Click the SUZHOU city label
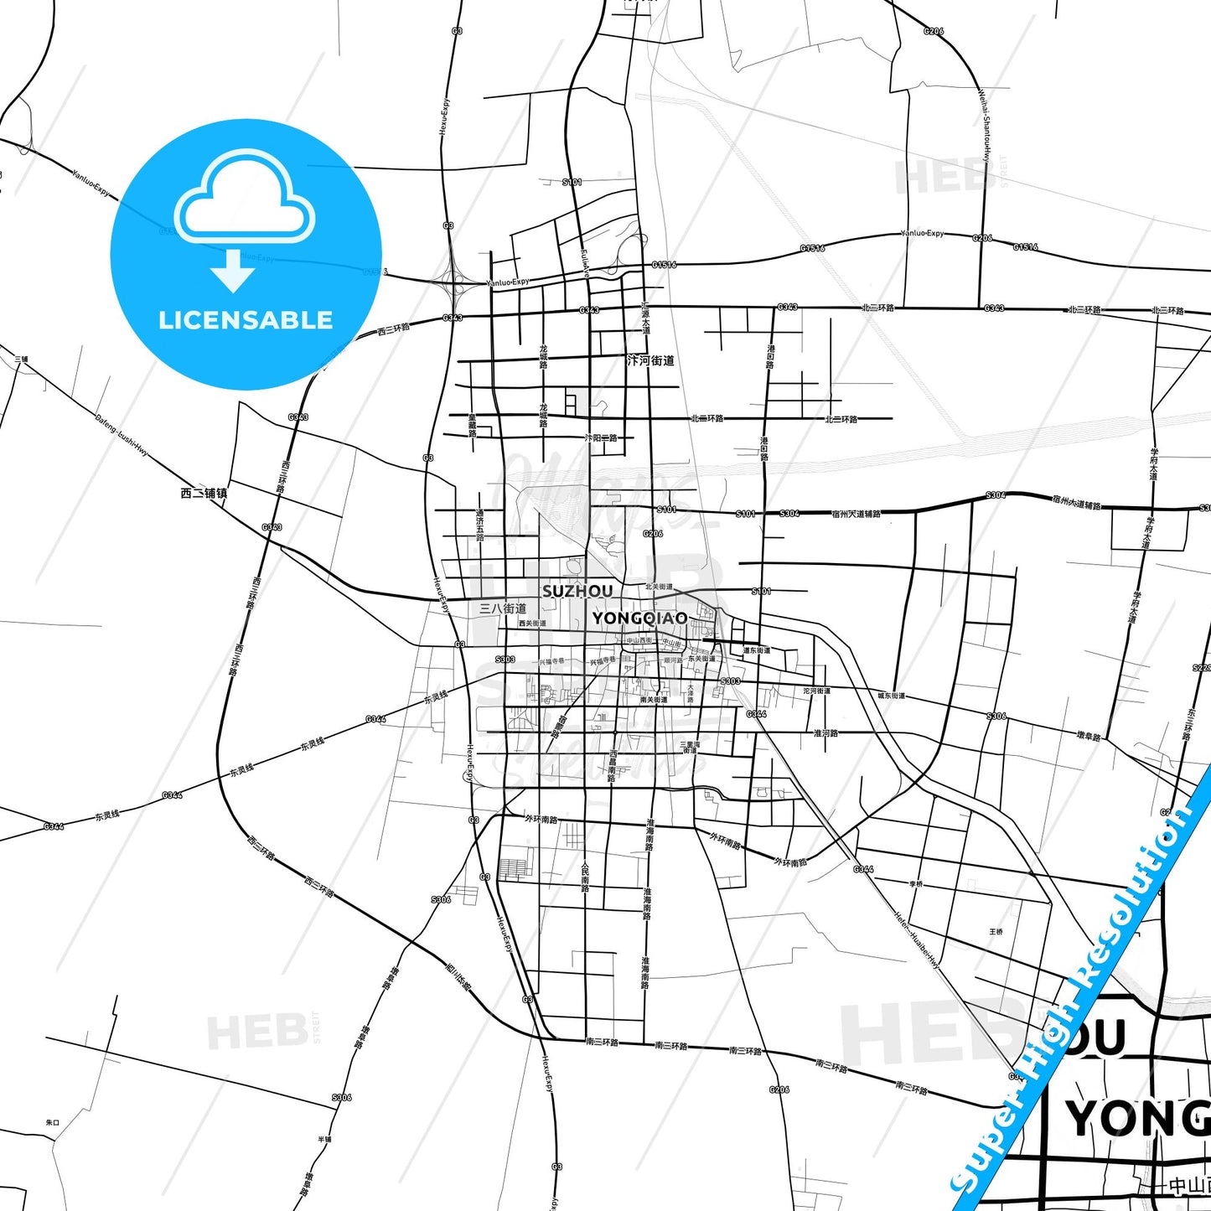point(577,591)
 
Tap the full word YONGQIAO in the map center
point(639,618)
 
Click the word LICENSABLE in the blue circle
point(246,320)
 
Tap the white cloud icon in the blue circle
point(244,199)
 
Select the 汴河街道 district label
point(650,360)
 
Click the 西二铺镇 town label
point(204,493)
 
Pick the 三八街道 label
point(503,608)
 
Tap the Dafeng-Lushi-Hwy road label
point(122,435)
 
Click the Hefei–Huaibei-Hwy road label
point(917,940)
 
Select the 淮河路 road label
point(825,732)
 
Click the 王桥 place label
point(996,931)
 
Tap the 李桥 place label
point(916,883)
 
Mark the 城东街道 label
point(891,696)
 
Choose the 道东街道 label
point(757,650)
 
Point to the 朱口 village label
point(53,1122)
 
